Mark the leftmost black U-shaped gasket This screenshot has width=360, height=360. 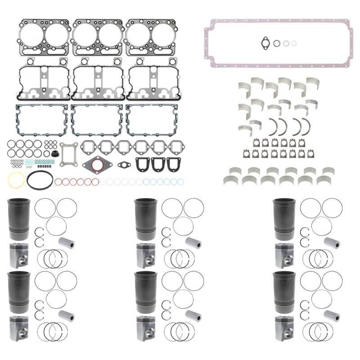pyautogui.click(x=142, y=164)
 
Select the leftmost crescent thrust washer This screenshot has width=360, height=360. pyautogui.click(x=273, y=126)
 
